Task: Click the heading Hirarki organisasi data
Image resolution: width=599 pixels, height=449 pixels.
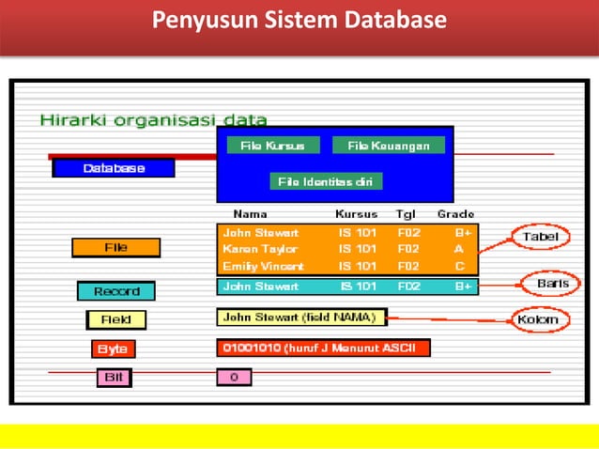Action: [x=153, y=119]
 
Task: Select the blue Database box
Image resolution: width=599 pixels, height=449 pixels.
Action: [x=114, y=168]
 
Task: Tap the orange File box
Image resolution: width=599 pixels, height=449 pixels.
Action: [x=115, y=248]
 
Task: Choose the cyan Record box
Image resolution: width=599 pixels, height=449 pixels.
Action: [x=115, y=291]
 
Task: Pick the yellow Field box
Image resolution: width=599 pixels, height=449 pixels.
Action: [x=115, y=320]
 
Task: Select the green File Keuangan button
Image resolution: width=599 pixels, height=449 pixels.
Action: [x=388, y=146]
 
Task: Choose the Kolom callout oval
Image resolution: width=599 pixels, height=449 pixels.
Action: [x=538, y=319]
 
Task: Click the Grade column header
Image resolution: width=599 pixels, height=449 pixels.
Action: [x=455, y=214]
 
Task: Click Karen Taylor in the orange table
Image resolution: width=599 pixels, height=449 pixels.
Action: [x=260, y=250]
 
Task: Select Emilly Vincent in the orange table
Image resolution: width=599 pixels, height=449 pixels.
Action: [x=263, y=267]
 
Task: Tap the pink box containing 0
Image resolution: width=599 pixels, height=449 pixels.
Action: [x=234, y=377]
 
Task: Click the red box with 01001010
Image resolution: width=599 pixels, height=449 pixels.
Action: [x=323, y=348]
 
